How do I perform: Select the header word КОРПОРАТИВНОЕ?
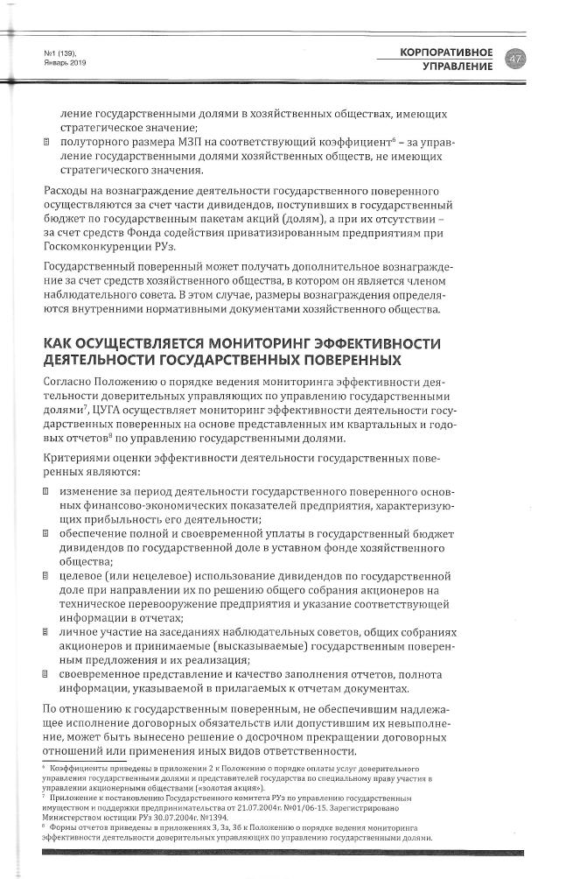pyautogui.click(x=446, y=53)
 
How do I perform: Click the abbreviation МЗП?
pyautogui.click(x=187, y=140)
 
